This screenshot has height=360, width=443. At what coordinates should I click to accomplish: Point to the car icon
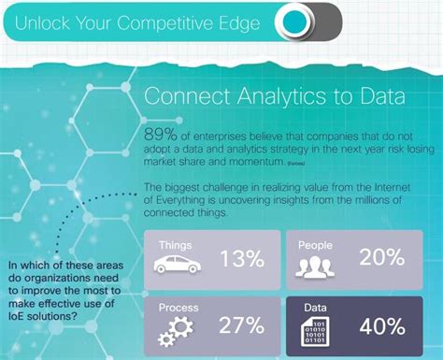[x=177, y=266]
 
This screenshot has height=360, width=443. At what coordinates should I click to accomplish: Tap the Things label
[x=176, y=244]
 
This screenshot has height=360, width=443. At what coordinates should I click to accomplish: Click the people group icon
[x=314, y=267]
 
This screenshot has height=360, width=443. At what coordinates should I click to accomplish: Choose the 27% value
[x=240, y=325]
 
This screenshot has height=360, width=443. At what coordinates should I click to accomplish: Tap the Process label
[x=179, y=306]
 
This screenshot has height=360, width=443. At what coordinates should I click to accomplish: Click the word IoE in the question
[x=17, y=315]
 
